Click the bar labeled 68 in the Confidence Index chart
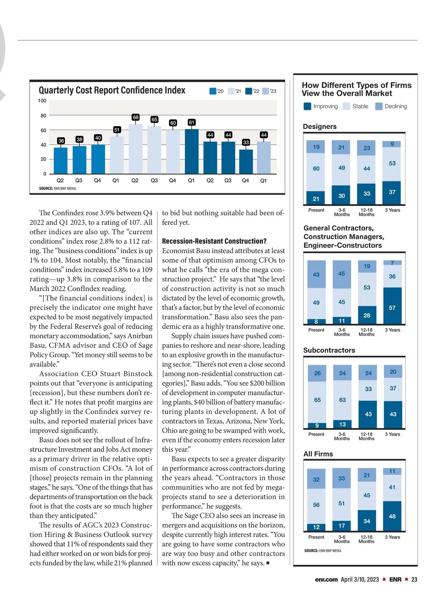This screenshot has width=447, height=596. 136,148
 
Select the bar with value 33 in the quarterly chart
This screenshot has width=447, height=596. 246,161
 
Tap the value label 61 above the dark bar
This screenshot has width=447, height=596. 191,122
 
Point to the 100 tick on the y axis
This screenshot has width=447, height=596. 42,101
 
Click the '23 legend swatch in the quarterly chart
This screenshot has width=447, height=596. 266,91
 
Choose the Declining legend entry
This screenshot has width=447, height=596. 391,107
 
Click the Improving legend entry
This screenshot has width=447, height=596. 321,107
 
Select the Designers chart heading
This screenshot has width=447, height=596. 320,127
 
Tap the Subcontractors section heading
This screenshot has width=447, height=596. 329,350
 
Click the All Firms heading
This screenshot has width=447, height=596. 318,454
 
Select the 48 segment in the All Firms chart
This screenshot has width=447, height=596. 392,516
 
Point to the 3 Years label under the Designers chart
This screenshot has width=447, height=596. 392,210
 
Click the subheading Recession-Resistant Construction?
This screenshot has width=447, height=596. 214,241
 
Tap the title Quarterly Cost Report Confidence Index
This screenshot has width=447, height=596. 112,91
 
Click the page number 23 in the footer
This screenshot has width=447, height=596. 414,579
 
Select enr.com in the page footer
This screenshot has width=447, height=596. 326,579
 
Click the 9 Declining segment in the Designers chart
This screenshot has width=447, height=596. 392,144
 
